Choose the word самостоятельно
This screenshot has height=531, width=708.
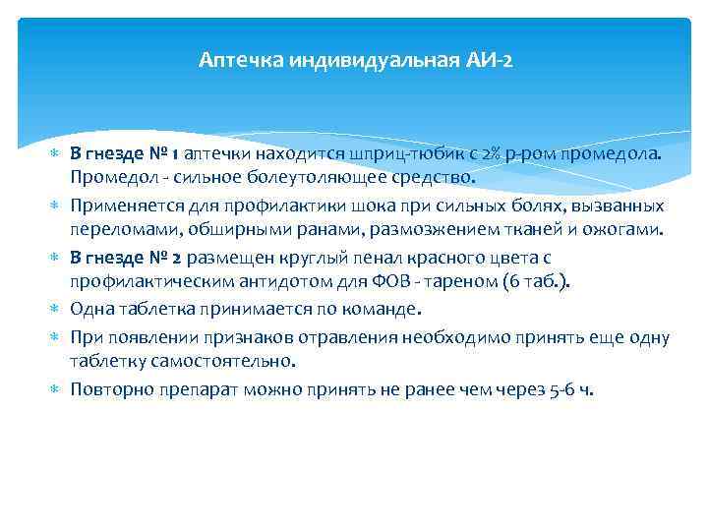tap(207, 361)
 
